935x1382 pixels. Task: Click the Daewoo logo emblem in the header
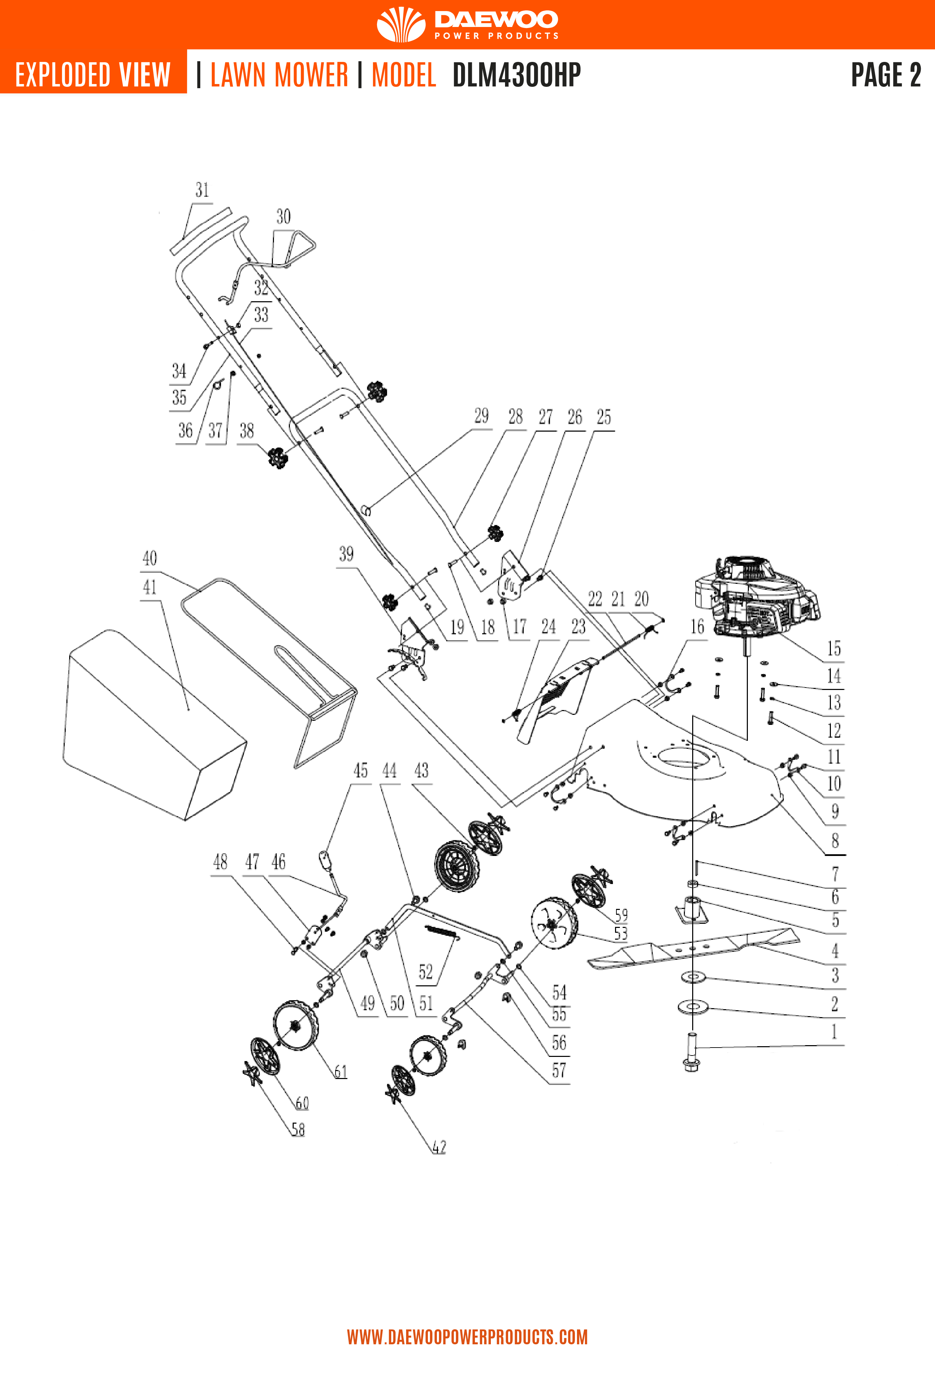point(401,24)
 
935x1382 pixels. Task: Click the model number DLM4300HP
point(516,75)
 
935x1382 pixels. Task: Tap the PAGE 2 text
point(885,75)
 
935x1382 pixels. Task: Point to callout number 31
point(202,190)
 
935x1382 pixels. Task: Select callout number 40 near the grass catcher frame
point(150,559)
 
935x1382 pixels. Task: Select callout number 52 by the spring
point(425,972)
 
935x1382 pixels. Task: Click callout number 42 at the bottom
point(439,1147)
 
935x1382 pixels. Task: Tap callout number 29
point(481,416)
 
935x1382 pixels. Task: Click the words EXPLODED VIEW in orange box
point(93,75)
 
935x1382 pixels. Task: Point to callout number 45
point(360,771)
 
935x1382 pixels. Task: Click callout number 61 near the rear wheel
point(340,1071)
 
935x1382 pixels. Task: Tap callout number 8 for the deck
point(834,841)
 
